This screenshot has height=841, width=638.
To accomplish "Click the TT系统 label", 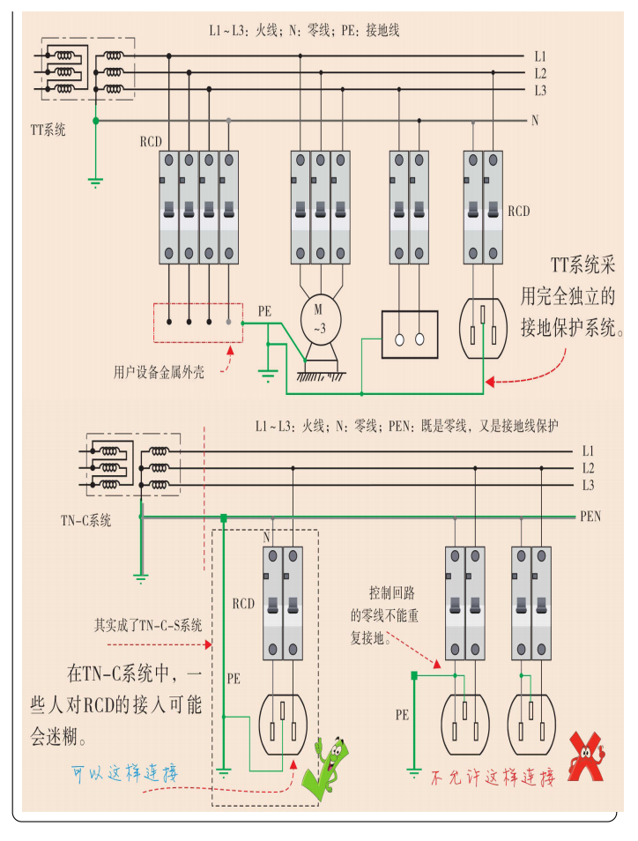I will tap(48, 130).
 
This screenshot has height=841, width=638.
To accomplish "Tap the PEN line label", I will tap(590, 516).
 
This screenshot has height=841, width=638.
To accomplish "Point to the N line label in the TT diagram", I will tap(535, 120).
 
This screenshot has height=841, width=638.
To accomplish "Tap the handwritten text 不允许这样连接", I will tap(492, 778).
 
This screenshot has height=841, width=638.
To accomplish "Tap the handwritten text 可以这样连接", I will tap(126, 774).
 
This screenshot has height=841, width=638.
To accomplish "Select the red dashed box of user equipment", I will tap(198, 323).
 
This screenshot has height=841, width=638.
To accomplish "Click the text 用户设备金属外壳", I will tap(159, 372).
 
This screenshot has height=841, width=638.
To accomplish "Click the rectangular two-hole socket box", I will tap(409, 334).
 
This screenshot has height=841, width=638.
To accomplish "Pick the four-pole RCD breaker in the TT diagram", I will tap(199, 206).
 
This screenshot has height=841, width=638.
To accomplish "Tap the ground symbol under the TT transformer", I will tap(95, 182).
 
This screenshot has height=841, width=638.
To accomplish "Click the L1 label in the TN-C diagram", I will tap(589, 450).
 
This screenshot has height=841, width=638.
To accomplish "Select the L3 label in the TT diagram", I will tap(540, 90).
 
